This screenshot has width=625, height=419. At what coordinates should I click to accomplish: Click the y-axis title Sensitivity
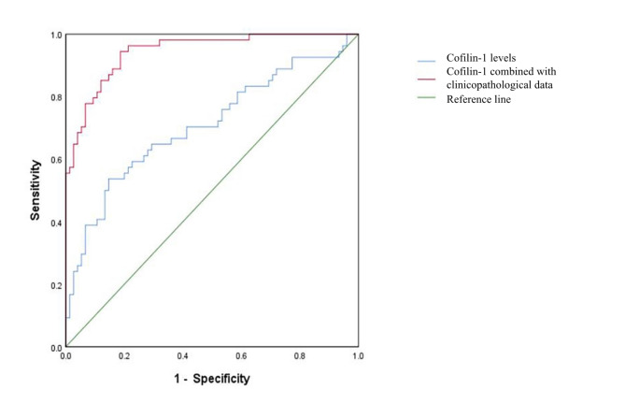[x=36, y=190]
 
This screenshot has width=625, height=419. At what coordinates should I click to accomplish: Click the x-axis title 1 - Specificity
[x=212, y=378]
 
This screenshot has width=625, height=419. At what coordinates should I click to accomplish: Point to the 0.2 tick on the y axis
[x=56, y=285]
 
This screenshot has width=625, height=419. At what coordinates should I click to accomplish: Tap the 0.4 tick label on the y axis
[x=56, y=224]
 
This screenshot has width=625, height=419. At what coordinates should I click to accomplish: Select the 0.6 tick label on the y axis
[x=56, y=161]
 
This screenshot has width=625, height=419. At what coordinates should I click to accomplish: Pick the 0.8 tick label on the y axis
[x=56, y=98]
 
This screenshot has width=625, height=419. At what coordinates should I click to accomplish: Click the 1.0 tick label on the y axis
[x=56, y=36]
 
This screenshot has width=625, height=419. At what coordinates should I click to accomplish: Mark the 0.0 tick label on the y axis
[x=56, y=348]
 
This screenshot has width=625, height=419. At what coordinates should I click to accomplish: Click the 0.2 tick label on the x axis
[x=124, y=355]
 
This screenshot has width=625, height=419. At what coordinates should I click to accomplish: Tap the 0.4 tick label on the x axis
[x=182, y=355]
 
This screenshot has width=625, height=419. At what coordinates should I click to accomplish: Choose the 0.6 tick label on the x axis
[x=241, y=355]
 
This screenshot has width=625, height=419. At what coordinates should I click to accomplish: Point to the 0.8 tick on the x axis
[x=300, y=355]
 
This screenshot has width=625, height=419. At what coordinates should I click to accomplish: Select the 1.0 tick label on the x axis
[x=358, y=355]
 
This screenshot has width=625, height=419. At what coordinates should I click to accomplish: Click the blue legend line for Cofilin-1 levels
[x=427, y=62]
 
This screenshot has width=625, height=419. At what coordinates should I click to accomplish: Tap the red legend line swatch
[x=427, y=79]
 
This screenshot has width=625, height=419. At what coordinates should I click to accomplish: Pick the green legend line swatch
[x=427, y=97]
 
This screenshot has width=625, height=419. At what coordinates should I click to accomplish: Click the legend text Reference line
[x=478, y=99]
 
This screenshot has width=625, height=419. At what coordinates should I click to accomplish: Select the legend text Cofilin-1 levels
[x=481, y=58]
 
